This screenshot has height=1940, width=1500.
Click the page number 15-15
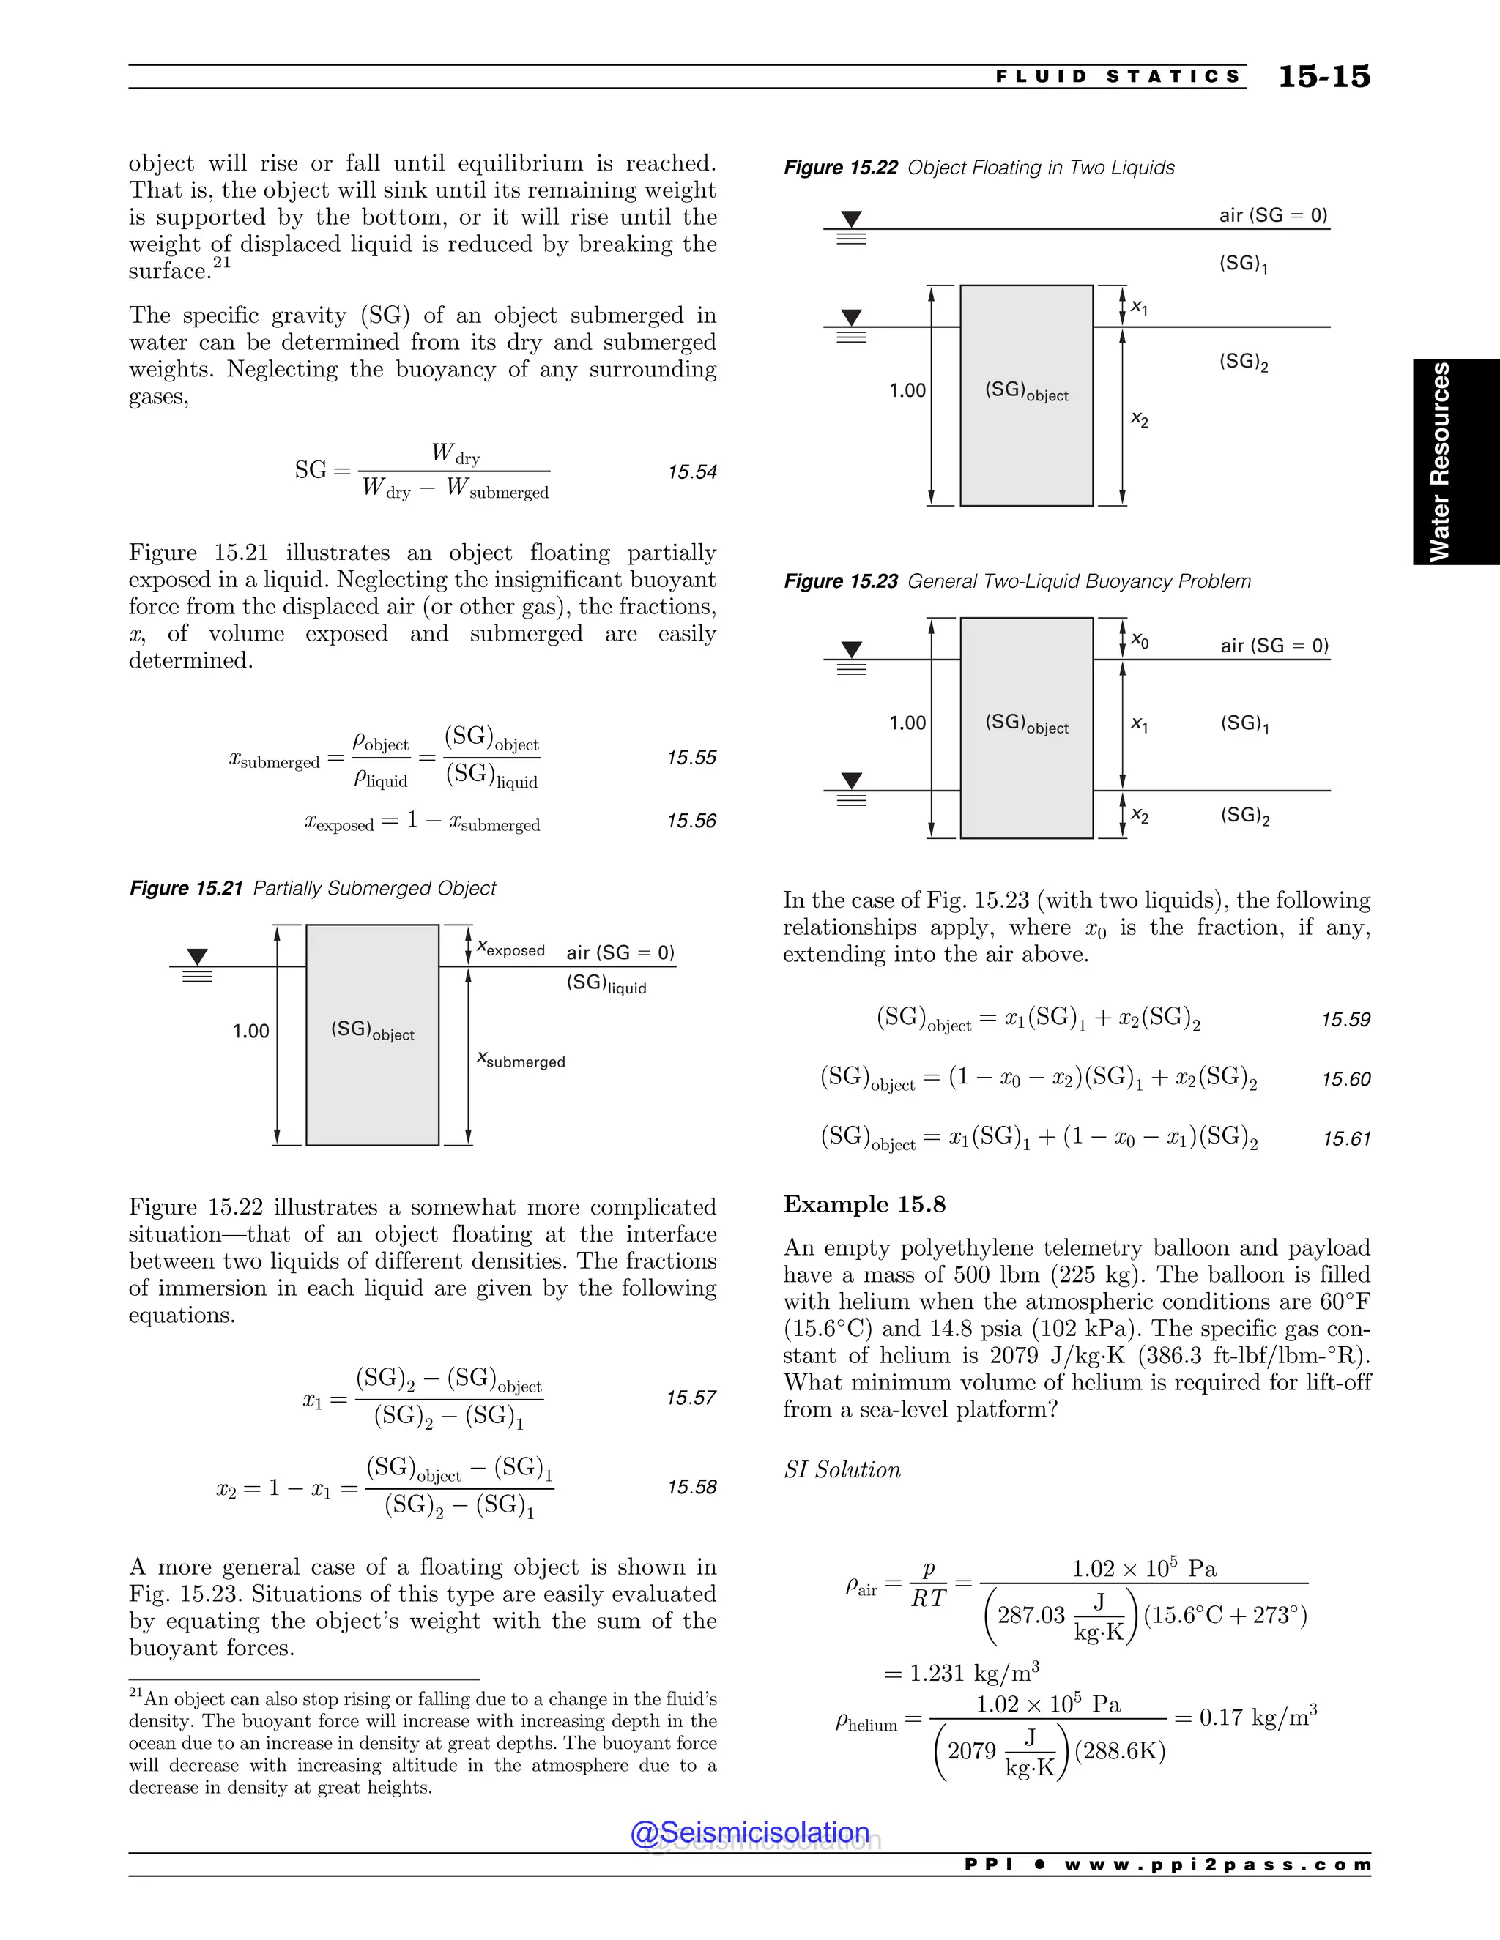[1323, 78]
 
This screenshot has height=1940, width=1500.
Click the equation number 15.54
[692, 471]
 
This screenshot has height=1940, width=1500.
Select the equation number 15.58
[691, 1487]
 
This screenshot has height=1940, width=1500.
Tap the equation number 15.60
[1345, 1079]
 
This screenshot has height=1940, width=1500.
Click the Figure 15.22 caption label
[840, 168]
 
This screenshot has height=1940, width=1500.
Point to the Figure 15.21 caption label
[186, 888]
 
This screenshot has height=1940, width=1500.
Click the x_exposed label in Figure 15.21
[511, 949]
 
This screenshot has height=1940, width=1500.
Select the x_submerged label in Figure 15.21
[521, 1060]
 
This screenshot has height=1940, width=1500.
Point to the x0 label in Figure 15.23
[1139, 641]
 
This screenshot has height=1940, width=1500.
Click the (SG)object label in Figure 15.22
[1026, 392]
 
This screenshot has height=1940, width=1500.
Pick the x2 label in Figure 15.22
[1139, 419]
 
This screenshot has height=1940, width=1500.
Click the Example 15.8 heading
[864, 1204]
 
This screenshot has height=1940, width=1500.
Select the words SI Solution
[842, 1470]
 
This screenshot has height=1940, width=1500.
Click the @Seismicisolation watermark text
[750, 1832]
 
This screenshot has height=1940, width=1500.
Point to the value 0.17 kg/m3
[1258, 1717]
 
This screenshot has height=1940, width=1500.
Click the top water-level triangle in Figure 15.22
[851, 218]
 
